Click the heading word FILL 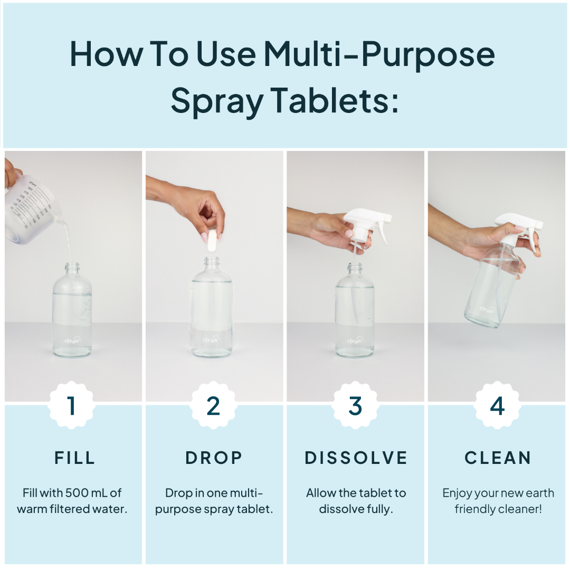coord(74,458)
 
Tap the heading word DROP coord(214,458)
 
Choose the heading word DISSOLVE coord(356,458)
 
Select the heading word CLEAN coord(498,458)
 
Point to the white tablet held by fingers coord(212,241)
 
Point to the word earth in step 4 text coord(540,493)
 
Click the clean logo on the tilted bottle coord(487,309)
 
